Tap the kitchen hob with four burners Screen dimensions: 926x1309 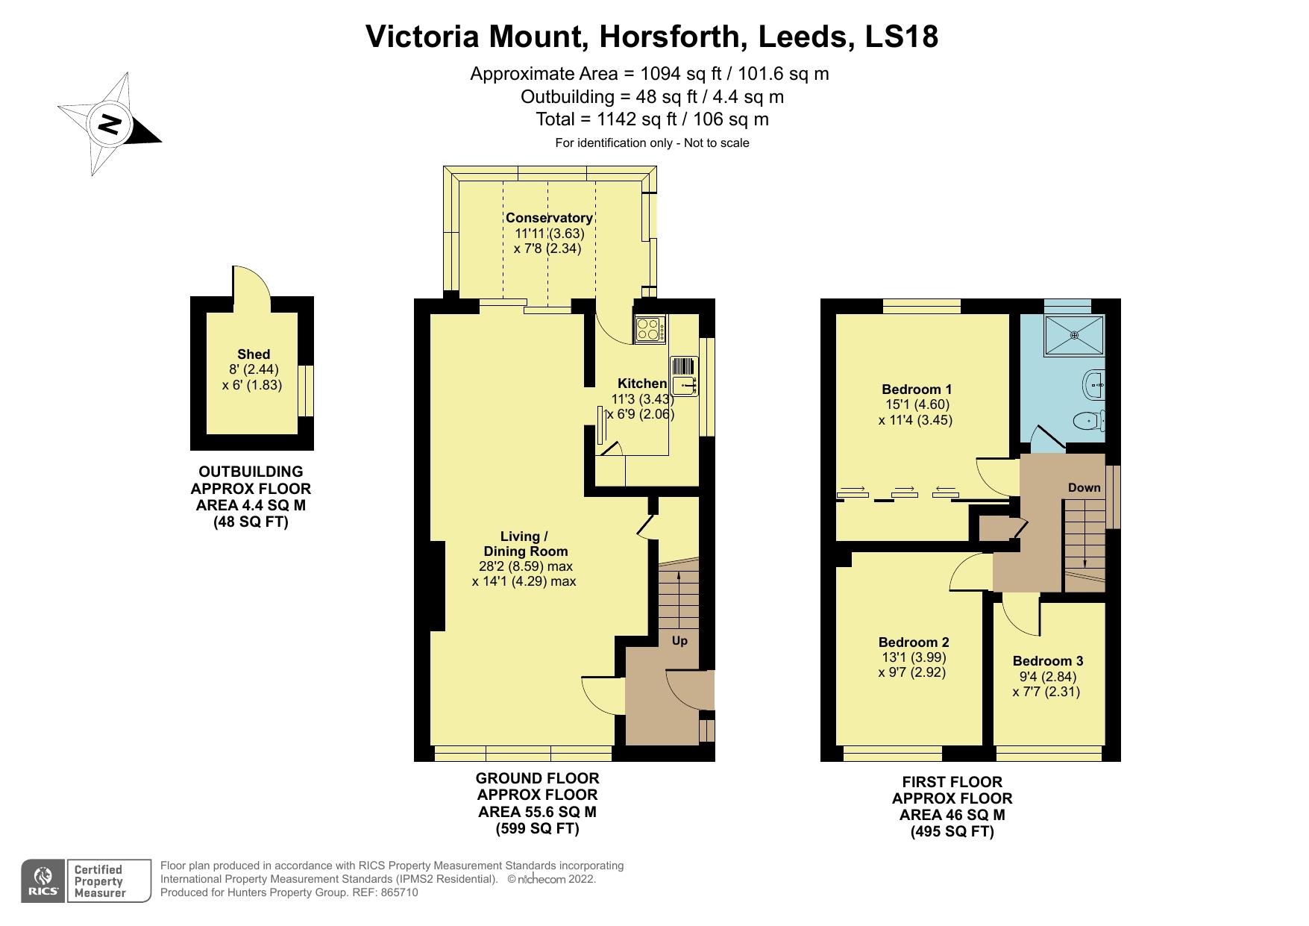tap(650, 329)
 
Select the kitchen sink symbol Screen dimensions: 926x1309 tap(684, 386)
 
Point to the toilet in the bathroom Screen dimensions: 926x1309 tap(1091, 422)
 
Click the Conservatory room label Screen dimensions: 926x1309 tap(549, 218)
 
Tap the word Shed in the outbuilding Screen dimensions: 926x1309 tap(254, 354)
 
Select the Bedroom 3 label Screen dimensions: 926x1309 tap(1047, 660)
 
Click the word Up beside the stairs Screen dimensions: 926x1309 tap(679, 641)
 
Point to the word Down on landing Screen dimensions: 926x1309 tap(1084, 487)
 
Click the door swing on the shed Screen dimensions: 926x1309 tap(250, 285)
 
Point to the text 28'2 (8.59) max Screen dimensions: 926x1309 tap(525, 566)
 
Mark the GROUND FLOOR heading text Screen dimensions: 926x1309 tap(537, 778)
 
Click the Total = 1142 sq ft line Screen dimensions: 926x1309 tap(651, 119)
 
